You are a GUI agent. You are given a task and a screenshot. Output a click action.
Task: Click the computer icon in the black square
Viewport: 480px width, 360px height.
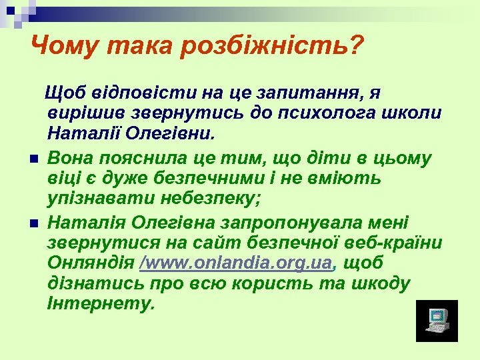(437, 321)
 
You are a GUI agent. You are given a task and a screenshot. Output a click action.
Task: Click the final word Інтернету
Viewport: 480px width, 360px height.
(101, 305)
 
